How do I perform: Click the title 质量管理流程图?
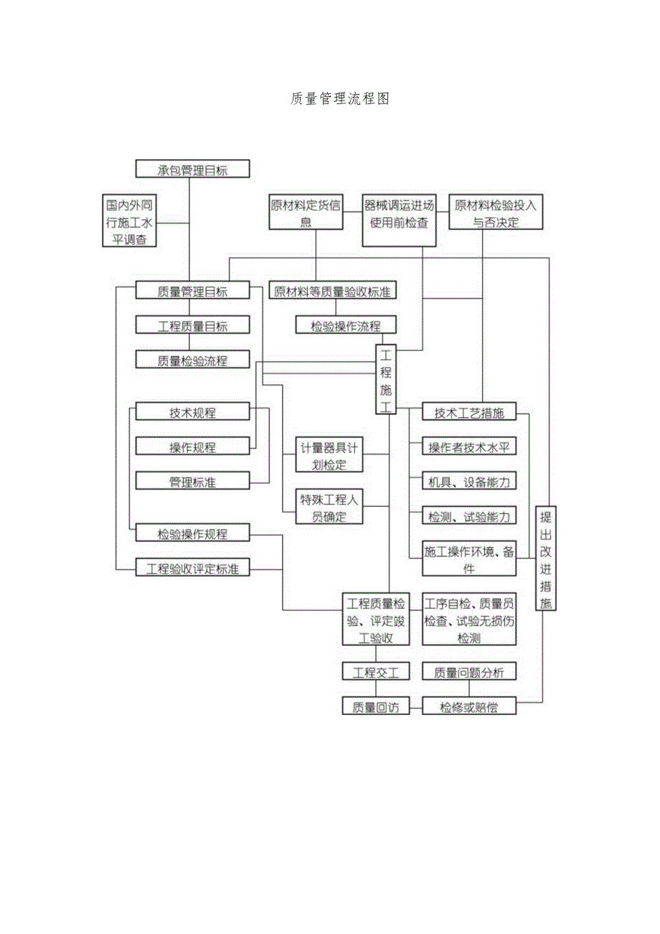[x=340, y=99]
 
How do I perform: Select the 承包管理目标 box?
[x=193, y=169]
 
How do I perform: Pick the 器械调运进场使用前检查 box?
[x=399, y=213]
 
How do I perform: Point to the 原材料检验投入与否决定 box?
[x=496, y=213]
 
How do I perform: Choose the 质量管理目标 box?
[x=193, y=291]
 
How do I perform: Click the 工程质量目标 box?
[x=193, y=325]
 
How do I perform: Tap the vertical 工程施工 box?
[x=386, y=380]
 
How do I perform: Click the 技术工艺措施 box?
[x=469, y=413]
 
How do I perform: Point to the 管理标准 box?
[x=193, y=482]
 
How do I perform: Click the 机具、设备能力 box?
[x=469, y=482]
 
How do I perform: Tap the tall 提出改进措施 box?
[x=547, y=559]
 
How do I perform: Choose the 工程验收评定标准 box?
[x=193, y=569]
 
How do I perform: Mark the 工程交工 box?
[x=376, y=672]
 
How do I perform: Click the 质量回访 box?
[x=376, y=706]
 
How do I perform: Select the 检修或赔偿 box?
[x=469, y=706]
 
